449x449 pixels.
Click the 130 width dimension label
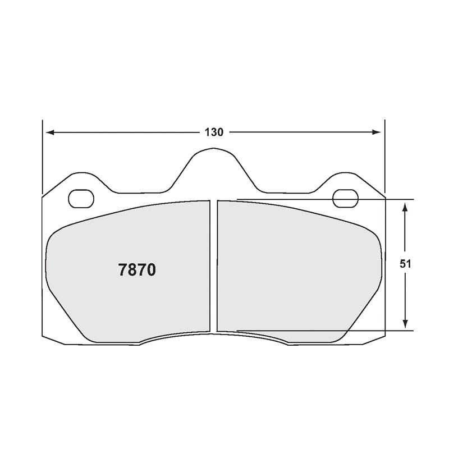pyautogui.click(x=214, y=132)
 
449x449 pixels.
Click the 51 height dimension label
pyautogui.click(x=405, y=264)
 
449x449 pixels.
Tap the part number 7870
pyautogui.click(x=137, y=270)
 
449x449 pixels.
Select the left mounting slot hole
pyautogui.click(x=81, y=199)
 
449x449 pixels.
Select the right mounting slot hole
pyautogui.click(x=346, y=199)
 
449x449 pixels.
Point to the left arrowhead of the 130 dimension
pyautogui.click(x=50, y=132)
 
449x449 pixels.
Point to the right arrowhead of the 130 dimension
pyautogui.click(x=377, y=132)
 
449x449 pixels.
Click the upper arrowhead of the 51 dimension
pyautogui.click(x=405, y=207)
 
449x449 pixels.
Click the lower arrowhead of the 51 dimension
pyautogui.click(x=405, y=324)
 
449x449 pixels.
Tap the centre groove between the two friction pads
pyautogui.click(x=214, y=266)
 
